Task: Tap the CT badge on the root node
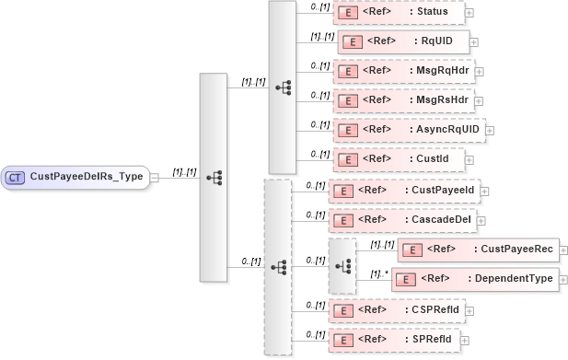16,177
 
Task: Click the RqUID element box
404,41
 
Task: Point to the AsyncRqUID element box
408,130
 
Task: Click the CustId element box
398,159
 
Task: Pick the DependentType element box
474,279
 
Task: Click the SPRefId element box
394,340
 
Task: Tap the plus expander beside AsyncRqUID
490,130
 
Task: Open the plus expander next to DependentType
563,279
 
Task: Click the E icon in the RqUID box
352,41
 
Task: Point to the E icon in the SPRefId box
343,340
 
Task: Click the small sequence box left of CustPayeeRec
342,265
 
